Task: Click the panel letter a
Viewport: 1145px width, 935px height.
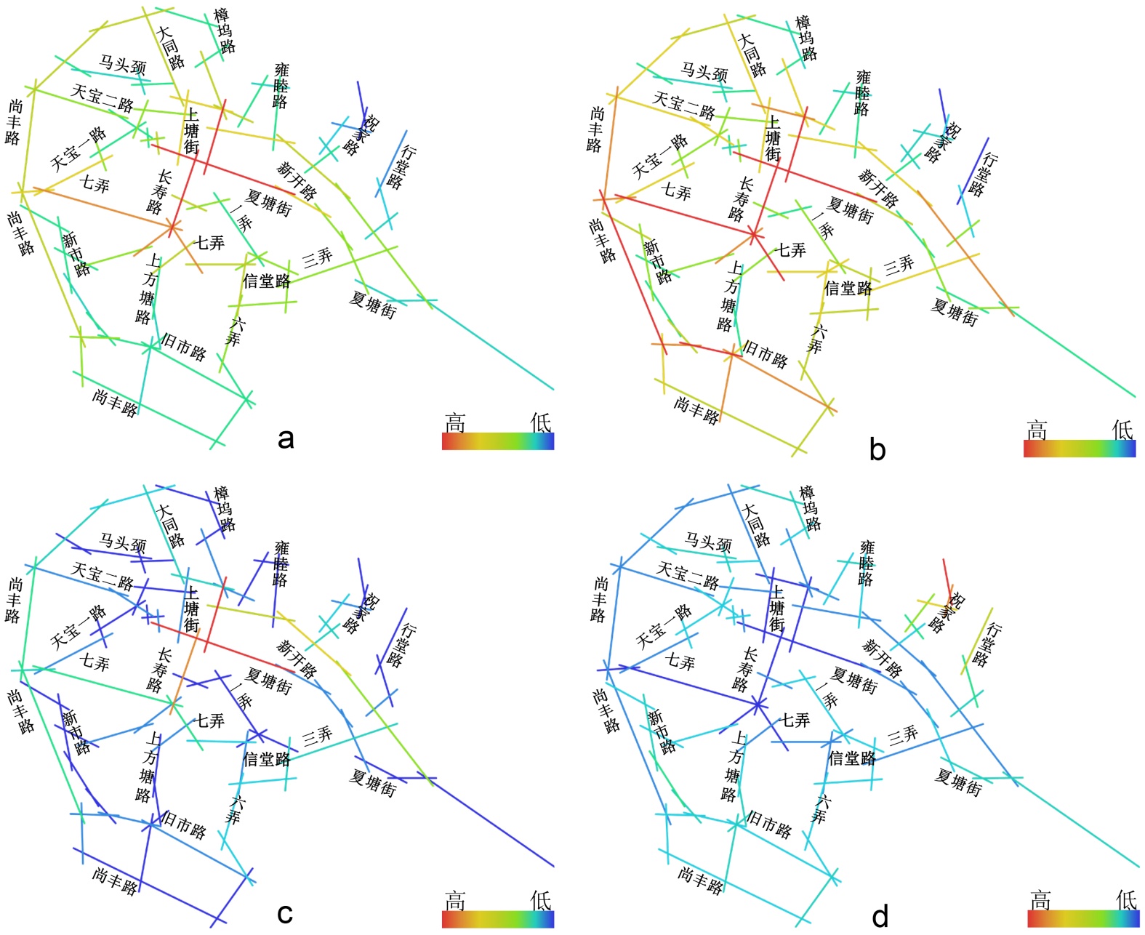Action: coord(286,438)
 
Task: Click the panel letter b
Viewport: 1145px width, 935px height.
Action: coord(877,450)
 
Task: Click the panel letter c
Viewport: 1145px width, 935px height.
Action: coord(285,914)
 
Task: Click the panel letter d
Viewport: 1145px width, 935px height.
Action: coord(880,917)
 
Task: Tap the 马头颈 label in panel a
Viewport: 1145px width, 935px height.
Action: coord(122,65)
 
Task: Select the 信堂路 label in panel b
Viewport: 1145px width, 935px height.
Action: coord(848,289)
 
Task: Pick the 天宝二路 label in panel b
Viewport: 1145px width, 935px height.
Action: coord(683,105)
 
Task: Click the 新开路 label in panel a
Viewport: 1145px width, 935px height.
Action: coord(297,180)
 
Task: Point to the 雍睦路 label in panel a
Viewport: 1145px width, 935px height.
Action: coord(281,86)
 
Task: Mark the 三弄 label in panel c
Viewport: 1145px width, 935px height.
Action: coord(317,735)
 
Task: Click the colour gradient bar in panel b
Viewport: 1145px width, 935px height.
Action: coord(1079,449)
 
